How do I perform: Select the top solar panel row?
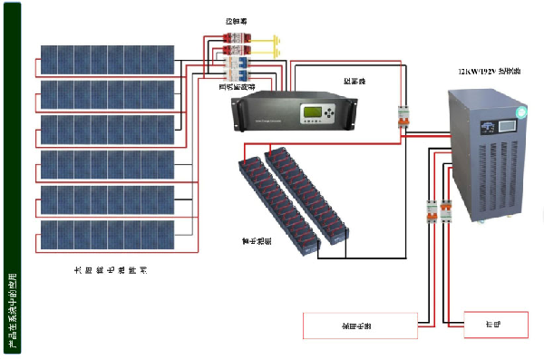coord(107,60)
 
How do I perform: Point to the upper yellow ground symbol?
coord(272,39)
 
